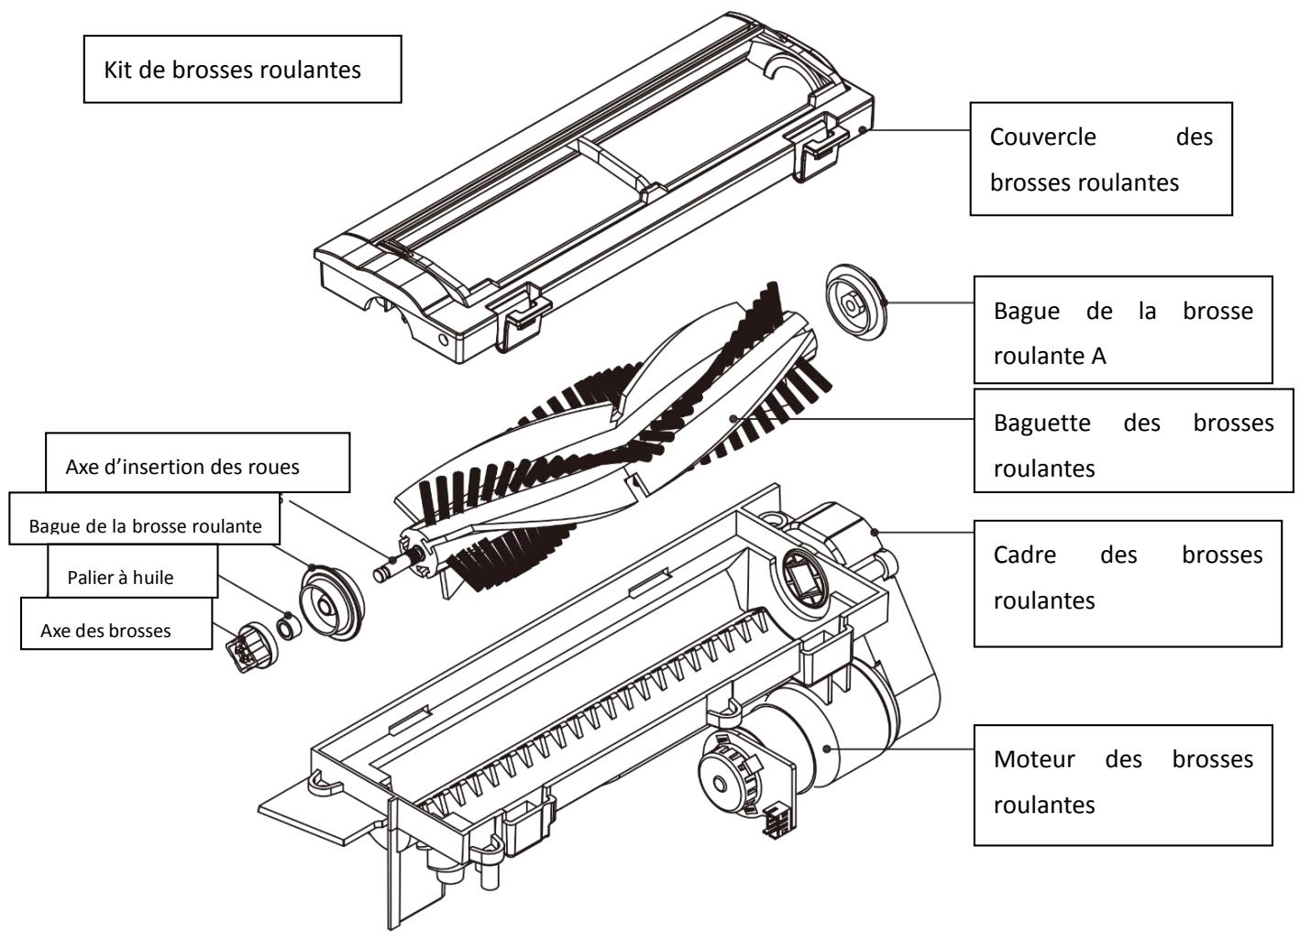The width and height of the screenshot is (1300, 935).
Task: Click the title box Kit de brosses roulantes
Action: coord(242,70)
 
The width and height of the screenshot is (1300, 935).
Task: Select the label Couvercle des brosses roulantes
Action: coord(1100,159)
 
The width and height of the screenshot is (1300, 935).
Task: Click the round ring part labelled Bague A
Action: coord(856,299)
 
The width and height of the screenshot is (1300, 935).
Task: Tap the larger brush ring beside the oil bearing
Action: coord(331,602)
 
